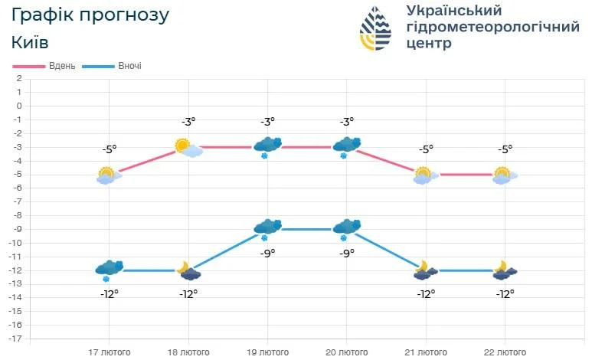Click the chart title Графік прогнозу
pos(90,15)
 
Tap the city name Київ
pos(31,43)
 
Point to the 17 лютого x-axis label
pos(109,352)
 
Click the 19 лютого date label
pos(267,352)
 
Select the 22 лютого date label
pos(504,352)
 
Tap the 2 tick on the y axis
pos(18,78)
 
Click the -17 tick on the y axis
pos(15,339)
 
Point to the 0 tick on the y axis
pos(18,106)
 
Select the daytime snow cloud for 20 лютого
pos(347,146)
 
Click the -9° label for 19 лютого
pos(267,253)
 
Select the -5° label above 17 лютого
pos(109,149)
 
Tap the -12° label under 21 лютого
pos(425,293)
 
